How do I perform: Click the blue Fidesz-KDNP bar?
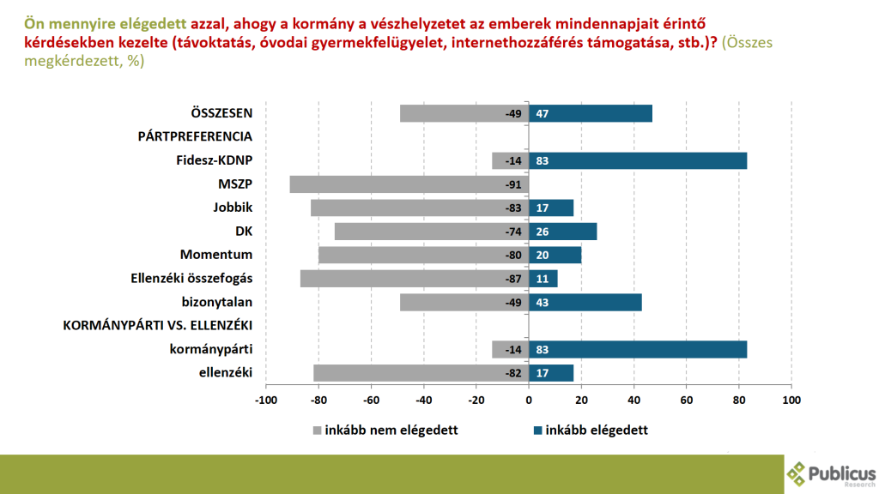(x=638, y=160)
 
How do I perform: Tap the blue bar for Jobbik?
(x=551, y=208)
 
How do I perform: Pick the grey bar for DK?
(x=431, y=232)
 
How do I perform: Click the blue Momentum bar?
(x=555, y=255)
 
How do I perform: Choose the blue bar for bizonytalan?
(x=585, y=302)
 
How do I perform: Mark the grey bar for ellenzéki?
(x=421, y=372)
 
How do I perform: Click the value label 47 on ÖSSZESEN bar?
(x=542, y=114)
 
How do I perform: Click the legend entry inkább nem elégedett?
(x=385, y=430)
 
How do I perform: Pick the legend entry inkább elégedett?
(x=590, y=430)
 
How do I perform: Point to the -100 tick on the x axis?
(x=266, y=400)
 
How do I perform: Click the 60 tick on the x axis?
(x=687, y=400)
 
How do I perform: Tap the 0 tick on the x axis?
(x=529, y=400)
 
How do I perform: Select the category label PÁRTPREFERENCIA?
(x=195, y=137)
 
